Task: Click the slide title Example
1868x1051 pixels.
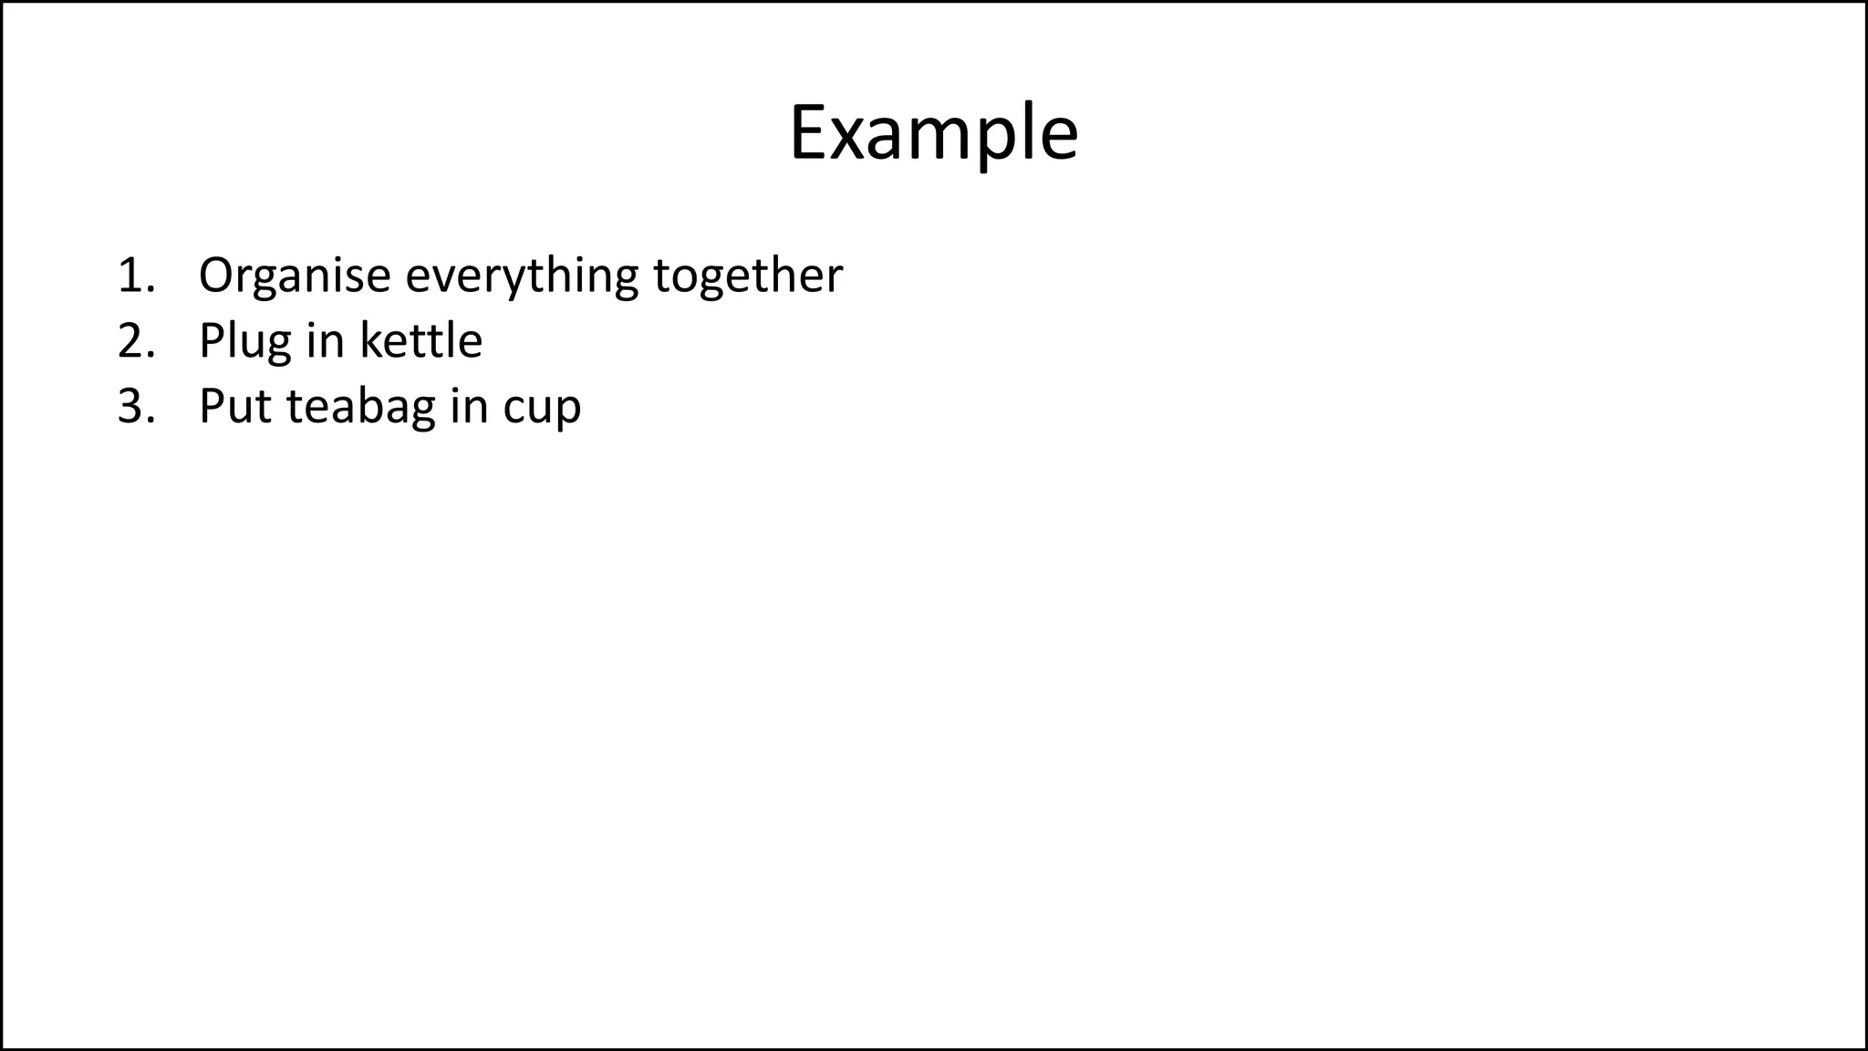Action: pyautogui.click(x=933, y=134)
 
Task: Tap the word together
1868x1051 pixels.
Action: pyautogui.click(x=748, y=276)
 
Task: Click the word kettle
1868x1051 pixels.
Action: pyautogui.click(x=420, y=341)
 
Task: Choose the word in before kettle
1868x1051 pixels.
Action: pyautogui.click(x=325, y=341)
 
